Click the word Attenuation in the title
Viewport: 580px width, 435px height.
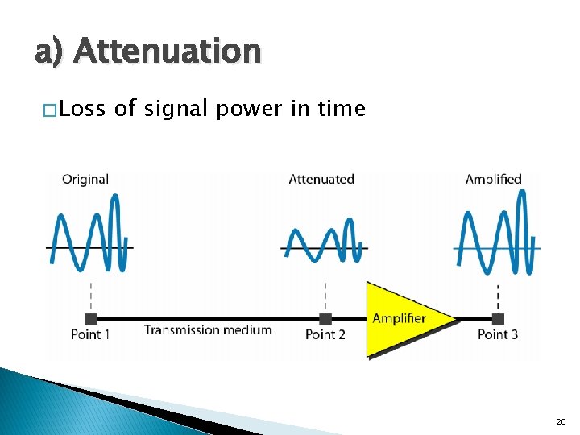coord(168,52)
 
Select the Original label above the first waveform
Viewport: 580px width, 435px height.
coord(85,179)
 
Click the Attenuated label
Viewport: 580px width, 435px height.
coord(321,179)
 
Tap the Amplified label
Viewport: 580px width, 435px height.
coord(493,179)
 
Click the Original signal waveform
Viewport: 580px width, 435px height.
coord(90,234)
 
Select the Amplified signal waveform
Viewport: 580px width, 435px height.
coord(497,234)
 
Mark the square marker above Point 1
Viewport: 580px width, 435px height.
coord(91,319)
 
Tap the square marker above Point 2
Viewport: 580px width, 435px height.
coord(325,319)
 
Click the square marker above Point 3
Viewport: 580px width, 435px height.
coord(498,319)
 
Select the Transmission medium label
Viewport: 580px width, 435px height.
coord(208,329)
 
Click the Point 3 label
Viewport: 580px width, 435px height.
coord(498,334)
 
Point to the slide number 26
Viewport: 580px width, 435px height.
coord(561,421)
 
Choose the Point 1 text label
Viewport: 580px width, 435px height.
coord(90,334)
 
